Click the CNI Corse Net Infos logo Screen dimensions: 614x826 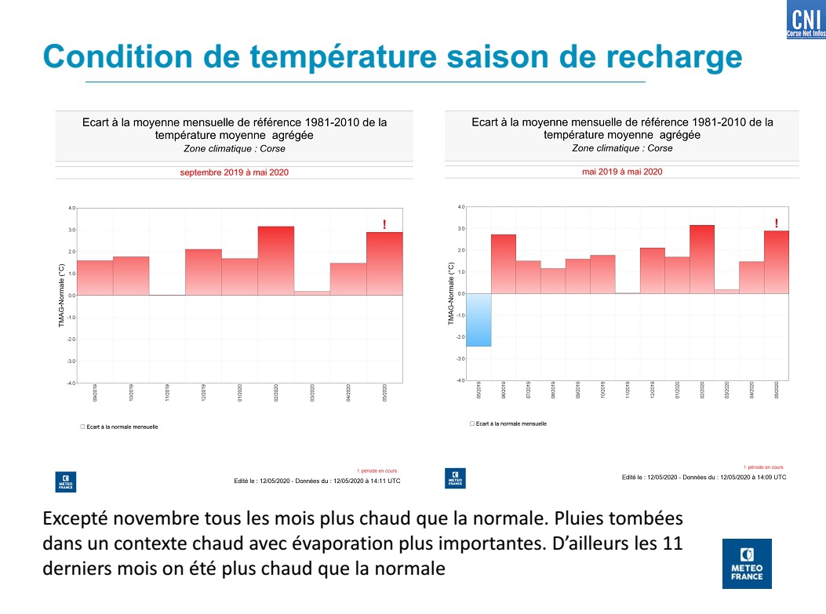coord(805,21)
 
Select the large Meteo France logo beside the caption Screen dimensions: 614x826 coord(746,563)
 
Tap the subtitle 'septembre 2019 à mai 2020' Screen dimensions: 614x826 coord(235,173)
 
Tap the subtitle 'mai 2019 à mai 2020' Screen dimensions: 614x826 coord(622,172)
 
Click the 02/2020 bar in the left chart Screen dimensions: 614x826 coord(275,261)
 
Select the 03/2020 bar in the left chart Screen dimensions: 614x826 coord(311,292)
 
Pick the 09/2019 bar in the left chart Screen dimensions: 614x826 coord(95,278)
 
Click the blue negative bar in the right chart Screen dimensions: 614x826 coord(478,320)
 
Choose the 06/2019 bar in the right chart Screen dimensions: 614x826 coord(504,264)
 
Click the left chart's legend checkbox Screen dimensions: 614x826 coord(82,427)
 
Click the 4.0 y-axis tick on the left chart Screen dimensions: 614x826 coord(71,209)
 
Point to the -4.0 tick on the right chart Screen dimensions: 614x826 coord(460,380)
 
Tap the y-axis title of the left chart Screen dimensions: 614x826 coord(61,295)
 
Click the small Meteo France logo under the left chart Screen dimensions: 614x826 coord(66,481)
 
